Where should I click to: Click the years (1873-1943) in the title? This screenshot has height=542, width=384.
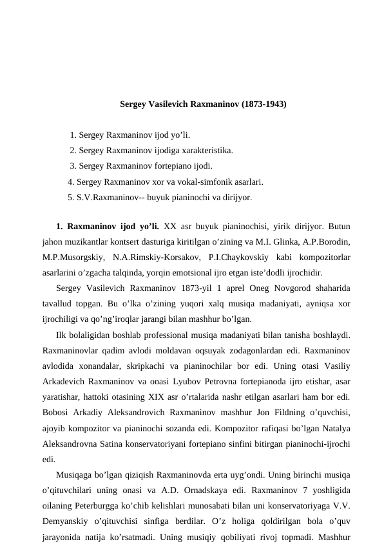click(264, 104)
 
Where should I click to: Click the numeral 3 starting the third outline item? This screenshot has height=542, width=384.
click(72, 166)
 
